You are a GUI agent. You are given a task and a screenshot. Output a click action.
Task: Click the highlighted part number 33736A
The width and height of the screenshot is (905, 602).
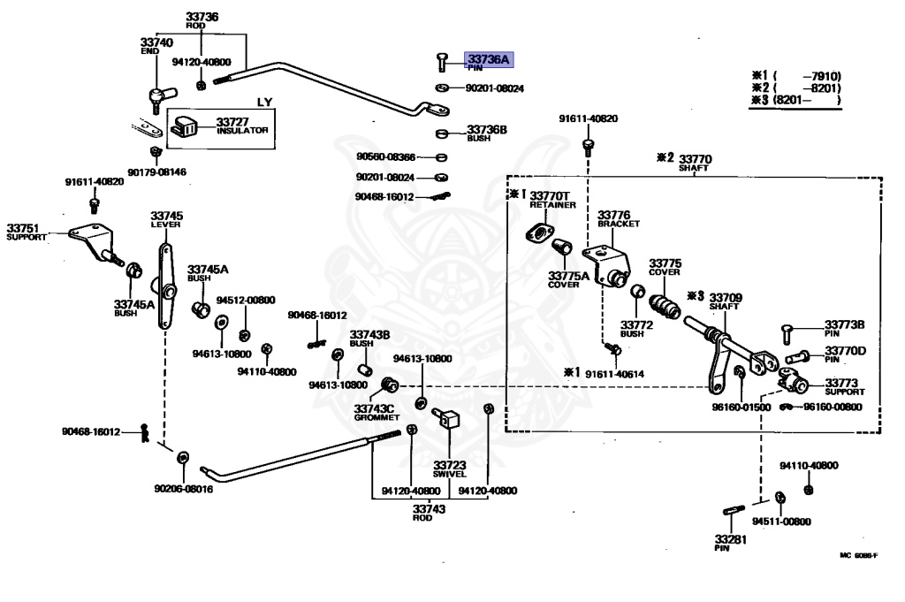coord(489,59)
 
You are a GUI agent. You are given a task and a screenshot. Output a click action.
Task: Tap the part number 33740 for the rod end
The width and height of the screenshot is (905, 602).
coord(156,42)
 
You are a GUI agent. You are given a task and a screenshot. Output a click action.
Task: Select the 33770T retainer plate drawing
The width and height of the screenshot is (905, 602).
coord(536,233)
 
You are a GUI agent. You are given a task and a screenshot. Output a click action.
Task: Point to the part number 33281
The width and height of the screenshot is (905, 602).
coord(731,538)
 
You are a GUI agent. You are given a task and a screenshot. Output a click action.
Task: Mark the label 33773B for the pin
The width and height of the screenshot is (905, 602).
coord(845,325)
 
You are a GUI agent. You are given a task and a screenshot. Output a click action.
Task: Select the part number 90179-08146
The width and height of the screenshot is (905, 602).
coord(156,171)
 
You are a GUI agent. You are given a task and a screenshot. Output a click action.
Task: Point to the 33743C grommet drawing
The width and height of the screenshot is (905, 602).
coord(387,385)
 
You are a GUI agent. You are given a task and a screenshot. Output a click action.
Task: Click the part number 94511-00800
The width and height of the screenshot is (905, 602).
coord(781,522)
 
